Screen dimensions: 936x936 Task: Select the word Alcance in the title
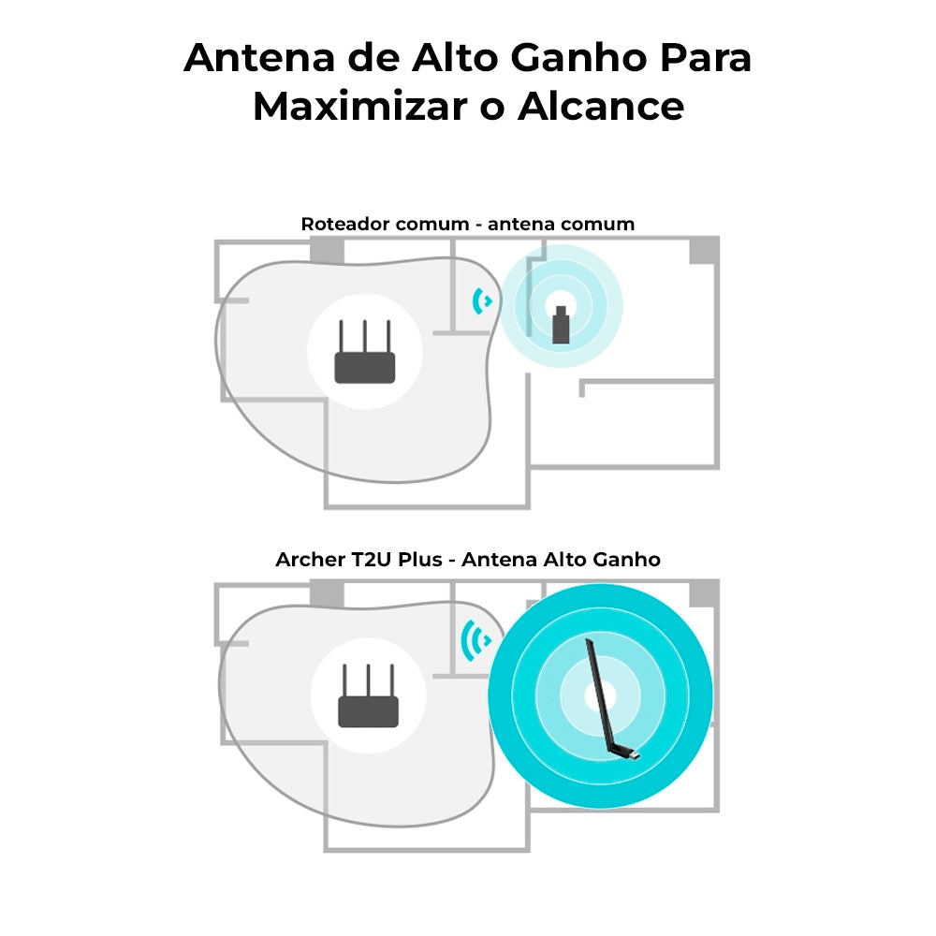600,107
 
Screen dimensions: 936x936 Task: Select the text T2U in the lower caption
371,560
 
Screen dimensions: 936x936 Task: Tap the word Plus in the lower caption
419,560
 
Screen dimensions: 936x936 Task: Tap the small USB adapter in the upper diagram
561,325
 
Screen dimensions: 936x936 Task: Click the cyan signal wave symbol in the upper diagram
483,300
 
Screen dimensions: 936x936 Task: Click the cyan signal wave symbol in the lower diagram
477,641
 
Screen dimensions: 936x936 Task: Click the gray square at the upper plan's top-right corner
704,250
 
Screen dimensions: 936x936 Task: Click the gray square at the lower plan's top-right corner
704,593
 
